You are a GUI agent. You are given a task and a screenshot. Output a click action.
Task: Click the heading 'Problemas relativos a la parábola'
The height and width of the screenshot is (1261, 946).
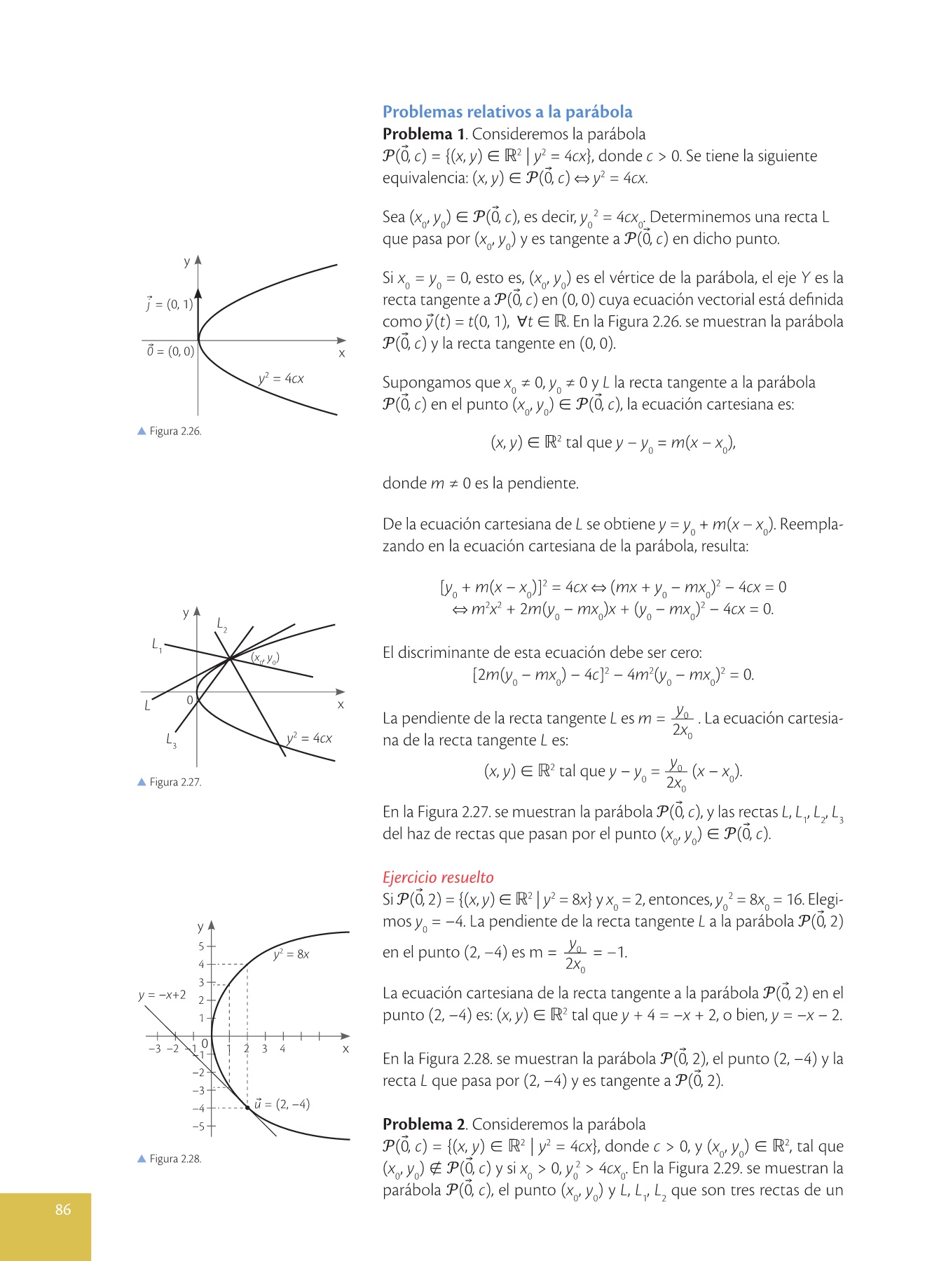pyautogui.click(x=507, y=112)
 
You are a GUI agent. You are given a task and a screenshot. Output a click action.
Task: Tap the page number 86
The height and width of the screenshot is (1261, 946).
pyautogui.click(x=63, y=1209)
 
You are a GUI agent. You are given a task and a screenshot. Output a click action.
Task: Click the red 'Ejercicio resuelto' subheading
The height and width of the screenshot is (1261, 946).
pyautogui.click(x=438, y=877)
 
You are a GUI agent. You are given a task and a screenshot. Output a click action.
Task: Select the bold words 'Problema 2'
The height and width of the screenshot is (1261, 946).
pyautogui.click(x=424, y=1124)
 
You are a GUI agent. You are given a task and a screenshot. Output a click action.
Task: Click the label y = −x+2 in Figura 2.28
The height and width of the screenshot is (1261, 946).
pyautogui.click(x=162, y=995)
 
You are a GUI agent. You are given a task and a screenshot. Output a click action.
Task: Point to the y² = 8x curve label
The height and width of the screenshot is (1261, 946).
pyautogui.click(x=291, y=954)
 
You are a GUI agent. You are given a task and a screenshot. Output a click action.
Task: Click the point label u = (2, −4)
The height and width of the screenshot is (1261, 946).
pyautogui.click(x=282, y=1104)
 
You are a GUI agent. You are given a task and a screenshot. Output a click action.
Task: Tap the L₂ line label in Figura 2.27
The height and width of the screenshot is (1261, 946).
pyautogui.click(x=221, y=624)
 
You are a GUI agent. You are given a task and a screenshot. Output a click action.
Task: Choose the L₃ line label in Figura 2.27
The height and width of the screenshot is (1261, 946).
pyautogui.click(x=171, y=740)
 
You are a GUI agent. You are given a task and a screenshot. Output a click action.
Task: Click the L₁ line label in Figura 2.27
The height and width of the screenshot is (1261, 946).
pyautogui.click(x=157, y=645)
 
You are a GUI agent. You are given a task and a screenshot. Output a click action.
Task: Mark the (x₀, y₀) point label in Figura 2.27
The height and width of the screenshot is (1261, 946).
pyautogui.click(x=266, y=659)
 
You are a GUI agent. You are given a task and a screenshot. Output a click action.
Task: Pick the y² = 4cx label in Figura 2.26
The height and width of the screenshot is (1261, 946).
pyautogui.click(x=280, y=379)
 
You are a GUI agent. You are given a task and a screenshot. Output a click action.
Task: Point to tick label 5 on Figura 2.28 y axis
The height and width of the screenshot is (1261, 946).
pyautogui.click(x=201, y=946)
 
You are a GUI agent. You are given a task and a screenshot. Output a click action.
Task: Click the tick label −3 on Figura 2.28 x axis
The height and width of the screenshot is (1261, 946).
pyautogui.click(x=155, y=1049)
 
